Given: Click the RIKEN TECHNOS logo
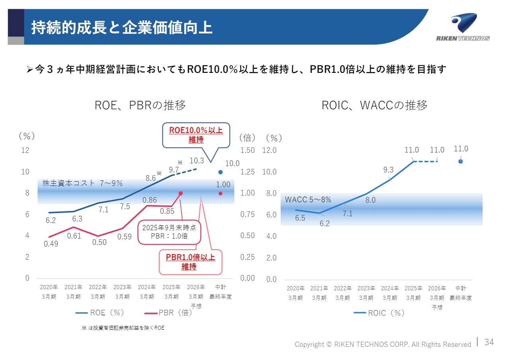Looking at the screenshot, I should (463, 27).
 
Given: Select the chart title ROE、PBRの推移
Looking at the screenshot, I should (140, 106).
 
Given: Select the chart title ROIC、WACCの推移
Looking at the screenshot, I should (374, 106).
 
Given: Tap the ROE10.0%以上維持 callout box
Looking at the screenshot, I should (196, 135).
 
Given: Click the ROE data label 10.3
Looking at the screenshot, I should (196, 160).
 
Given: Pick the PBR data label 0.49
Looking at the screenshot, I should (51, 244).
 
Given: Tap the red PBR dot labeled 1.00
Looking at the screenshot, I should (220, 194).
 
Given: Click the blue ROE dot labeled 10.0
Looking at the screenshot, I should (220, 172).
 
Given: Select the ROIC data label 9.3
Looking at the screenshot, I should (388, 170).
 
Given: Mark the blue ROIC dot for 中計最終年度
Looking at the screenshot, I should (461, 161).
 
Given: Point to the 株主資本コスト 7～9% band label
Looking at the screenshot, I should (82, 184).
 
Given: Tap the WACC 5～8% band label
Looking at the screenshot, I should (308, 200).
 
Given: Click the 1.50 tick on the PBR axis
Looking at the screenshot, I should (247, 151).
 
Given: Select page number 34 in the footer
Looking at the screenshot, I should (489, 342).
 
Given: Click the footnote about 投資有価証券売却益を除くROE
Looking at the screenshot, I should (123, 328).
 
